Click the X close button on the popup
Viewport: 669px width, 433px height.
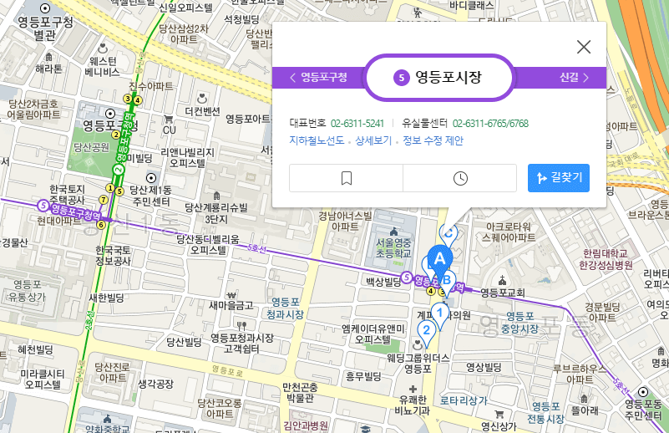[x=584, y=47]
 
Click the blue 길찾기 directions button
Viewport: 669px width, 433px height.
[x=559, y=177]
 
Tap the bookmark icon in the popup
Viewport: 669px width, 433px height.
[x=347, y=178]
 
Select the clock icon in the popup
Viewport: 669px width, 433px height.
[x=460, y=178]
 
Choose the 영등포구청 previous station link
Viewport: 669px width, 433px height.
[x=318, y=78]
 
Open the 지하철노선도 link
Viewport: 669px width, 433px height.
[x=317, y=140]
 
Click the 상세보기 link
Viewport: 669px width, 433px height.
[x=373, y=140]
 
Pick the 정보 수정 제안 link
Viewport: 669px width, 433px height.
[x=433, y=140]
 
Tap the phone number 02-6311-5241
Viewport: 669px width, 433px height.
[x=357, y=123]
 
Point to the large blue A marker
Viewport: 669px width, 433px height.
[x=439, y=257]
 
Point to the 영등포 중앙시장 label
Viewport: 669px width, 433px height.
[x=519, y=323]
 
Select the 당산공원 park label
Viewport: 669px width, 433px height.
[x=92, y=146]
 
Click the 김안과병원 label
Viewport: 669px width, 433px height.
[x=306, y=425]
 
